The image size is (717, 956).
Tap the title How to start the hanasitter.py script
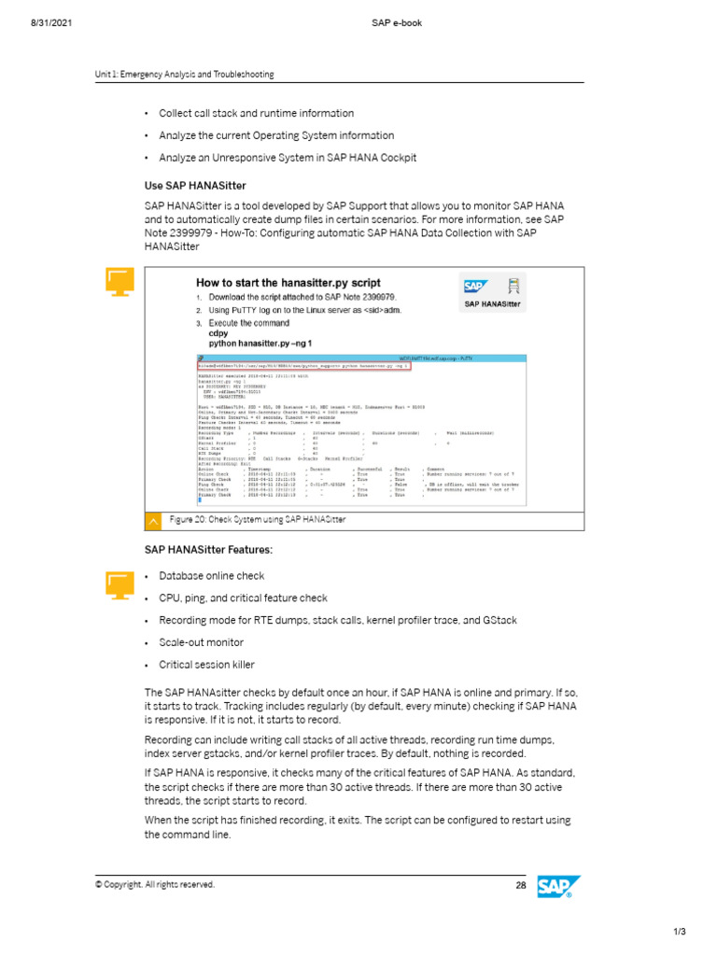(288, 283)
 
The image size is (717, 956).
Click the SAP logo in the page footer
(559, 888)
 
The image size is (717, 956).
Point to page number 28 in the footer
(521, 884)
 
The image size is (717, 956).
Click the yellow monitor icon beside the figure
(119, 280)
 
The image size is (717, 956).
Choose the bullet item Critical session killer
(206, 665)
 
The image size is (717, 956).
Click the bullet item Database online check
(211, 576)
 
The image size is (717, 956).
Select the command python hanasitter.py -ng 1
(260, 344)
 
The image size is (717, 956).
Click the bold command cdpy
(218, 332)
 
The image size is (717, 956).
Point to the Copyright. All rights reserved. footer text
(154, 884)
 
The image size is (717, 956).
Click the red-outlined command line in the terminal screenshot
(304, 367)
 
